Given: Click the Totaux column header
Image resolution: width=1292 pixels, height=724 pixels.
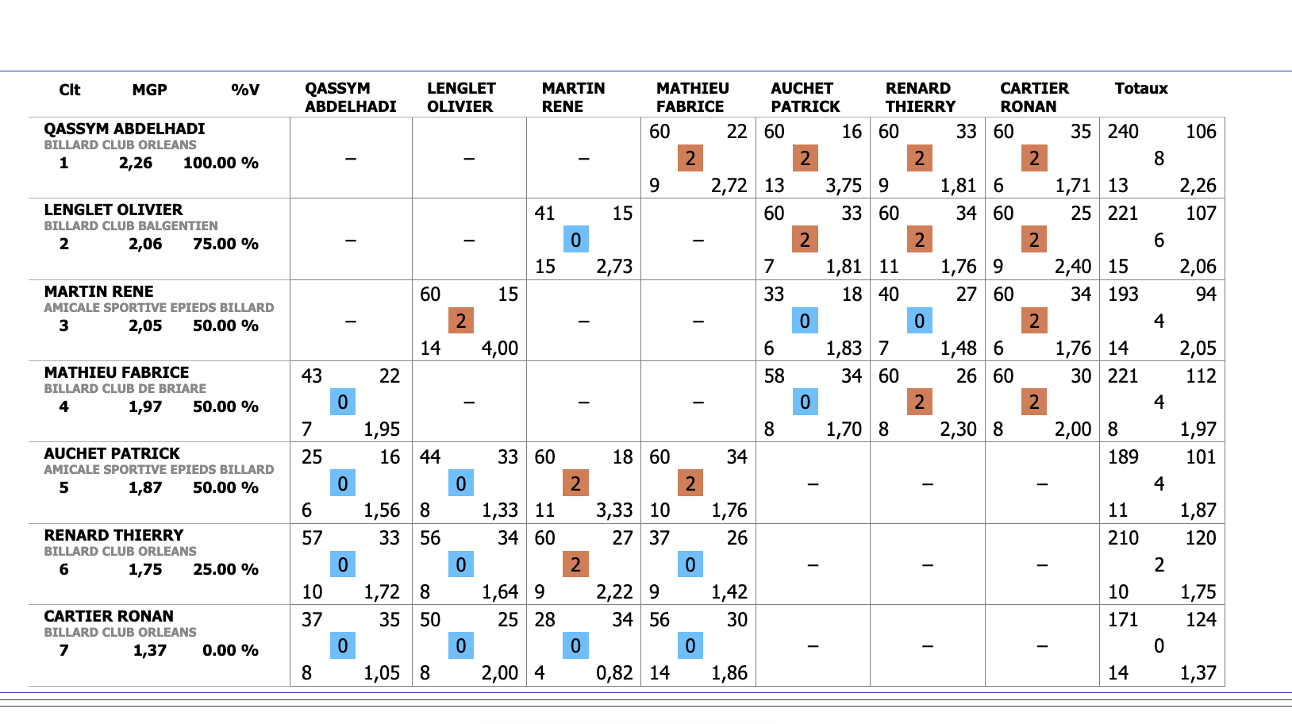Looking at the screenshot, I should [x=1140, y=89].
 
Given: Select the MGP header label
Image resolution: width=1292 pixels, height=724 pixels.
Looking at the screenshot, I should [x=149, y=90].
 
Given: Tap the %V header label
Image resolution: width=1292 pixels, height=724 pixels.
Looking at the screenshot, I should [x=245, y=90].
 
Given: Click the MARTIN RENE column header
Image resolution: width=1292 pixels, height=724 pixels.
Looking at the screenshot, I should [x=573, y=98].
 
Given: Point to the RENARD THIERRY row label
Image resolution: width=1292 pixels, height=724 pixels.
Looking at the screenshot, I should [x=113, y=535].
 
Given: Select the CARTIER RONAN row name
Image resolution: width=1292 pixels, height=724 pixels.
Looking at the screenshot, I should [x=109, y=616].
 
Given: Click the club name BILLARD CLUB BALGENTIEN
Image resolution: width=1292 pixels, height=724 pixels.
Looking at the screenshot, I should [x=131, y=226].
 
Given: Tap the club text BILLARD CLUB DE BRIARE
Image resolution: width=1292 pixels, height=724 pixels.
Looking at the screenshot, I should [x=125, y=389].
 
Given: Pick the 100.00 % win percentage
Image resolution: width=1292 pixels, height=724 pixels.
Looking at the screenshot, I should [x=221, y=164].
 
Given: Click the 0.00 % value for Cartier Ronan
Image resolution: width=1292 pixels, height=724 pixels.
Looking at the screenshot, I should [x=230, y=651].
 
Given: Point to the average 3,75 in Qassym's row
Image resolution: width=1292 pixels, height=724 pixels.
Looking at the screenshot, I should [x=843, y=186].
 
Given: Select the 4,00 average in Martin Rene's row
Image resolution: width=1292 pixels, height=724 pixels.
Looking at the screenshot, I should [x=500, y=349].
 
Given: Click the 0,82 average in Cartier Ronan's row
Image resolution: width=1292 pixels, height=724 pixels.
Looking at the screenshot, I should [x=614, y=673].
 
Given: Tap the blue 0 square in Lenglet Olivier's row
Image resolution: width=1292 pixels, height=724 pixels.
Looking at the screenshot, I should [x=575, y=240].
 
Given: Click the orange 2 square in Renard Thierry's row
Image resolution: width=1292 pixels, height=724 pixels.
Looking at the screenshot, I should [x=575, y=564].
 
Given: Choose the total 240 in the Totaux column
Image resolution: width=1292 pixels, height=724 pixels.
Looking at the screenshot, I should [x=1123, y=132].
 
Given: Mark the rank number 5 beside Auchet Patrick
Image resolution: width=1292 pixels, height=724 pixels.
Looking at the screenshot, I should [x=64, y=488].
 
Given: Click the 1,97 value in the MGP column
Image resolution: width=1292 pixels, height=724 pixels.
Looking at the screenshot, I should [x=145, y=407].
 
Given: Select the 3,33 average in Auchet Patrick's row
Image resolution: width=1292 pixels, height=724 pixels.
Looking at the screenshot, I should [x=614, y=510].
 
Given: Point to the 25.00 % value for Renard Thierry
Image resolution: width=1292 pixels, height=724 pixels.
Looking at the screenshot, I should [x=225, y=570].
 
